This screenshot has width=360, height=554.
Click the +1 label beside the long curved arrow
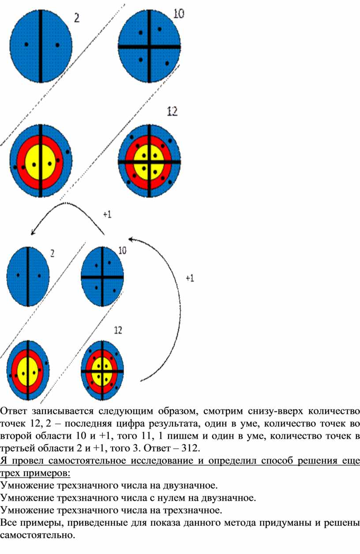(190, 278)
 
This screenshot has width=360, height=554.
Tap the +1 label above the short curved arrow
(107, 214)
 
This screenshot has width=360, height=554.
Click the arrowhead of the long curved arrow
(131, 239)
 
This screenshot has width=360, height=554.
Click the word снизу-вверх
(275, 411)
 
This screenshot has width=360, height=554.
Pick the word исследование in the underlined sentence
(167, 460)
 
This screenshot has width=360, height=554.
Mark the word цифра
(133, 424)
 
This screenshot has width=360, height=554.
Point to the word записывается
(62, 411)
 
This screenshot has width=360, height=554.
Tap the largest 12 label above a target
(172, 111)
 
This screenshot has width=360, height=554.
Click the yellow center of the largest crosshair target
(149, 162)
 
